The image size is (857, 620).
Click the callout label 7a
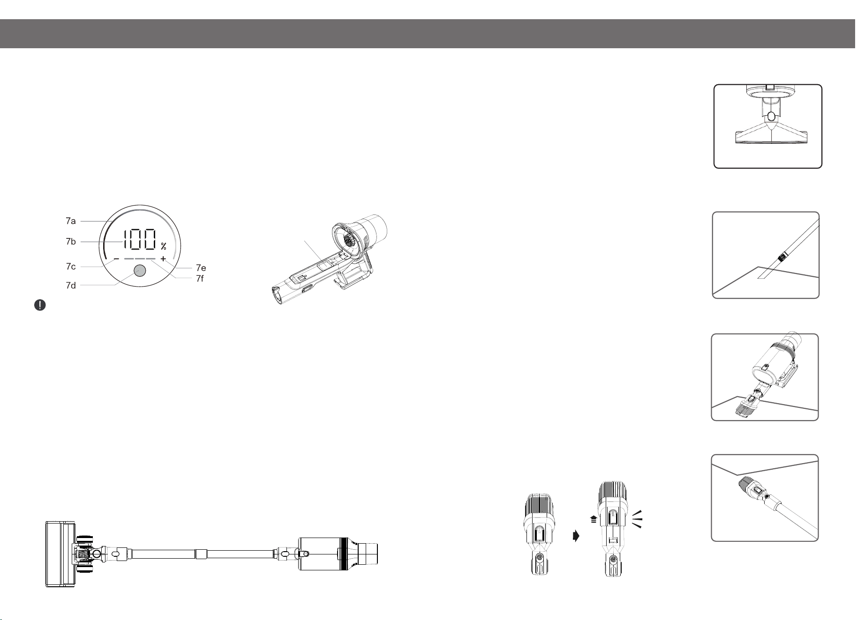click(71, 221)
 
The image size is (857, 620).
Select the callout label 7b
click(71, 242)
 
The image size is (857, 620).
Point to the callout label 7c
click(71, 266)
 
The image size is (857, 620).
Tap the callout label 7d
click(71, 285)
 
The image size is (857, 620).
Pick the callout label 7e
click(201, 268)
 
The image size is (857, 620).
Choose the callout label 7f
click(200, 278)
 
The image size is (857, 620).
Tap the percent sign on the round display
click(164, 246)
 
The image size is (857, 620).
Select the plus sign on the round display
click(163, 259)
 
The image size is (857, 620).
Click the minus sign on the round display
click(116, 259)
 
